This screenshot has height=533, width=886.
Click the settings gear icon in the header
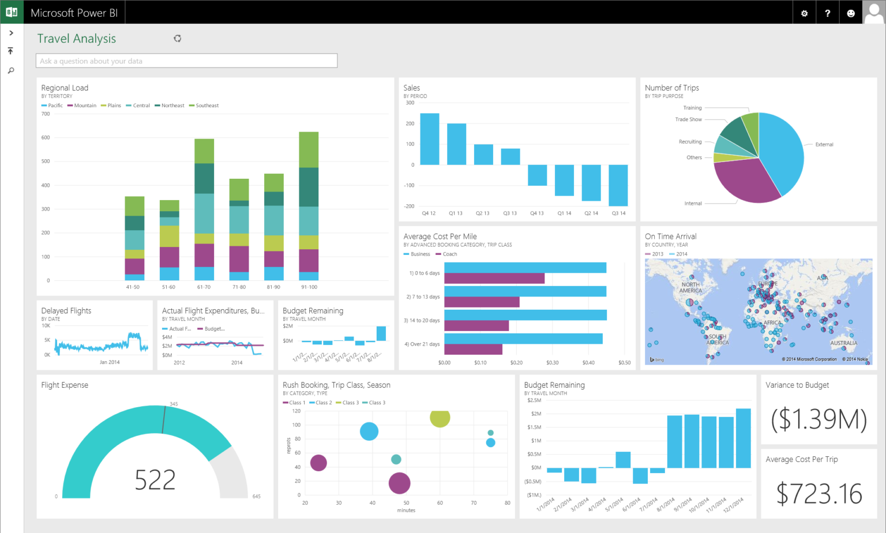click(x=804, y=13)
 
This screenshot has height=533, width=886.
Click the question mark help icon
click(x=827, y=13)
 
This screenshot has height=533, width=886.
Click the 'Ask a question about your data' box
click(x=186, y=61)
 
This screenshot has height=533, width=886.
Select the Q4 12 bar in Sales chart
click(x=429, y=139)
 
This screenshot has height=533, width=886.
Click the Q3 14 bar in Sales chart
click(x=618, y=185)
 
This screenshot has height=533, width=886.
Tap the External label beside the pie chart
click(x=824, y=144)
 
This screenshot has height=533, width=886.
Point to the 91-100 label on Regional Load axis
click(x=309, y=287)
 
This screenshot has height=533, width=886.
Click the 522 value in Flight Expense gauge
click(x=155, y=479)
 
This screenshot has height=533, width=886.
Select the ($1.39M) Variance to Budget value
click(x=819, y=419)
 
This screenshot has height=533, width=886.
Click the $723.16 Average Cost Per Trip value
click(x=819, y=494)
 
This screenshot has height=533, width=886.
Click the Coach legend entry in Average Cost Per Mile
click(x=449, y=254)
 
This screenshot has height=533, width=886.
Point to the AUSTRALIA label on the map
click(x=843, y=343)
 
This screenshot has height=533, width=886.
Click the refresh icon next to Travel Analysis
click(x=177, y=39)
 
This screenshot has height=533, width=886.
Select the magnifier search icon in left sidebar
click(x=10, y=71)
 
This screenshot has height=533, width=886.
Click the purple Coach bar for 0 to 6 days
click(x=494, y=279)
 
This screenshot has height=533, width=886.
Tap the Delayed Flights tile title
click(x=66, y=310)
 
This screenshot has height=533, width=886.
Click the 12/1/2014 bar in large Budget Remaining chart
click(x=743, y=438)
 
